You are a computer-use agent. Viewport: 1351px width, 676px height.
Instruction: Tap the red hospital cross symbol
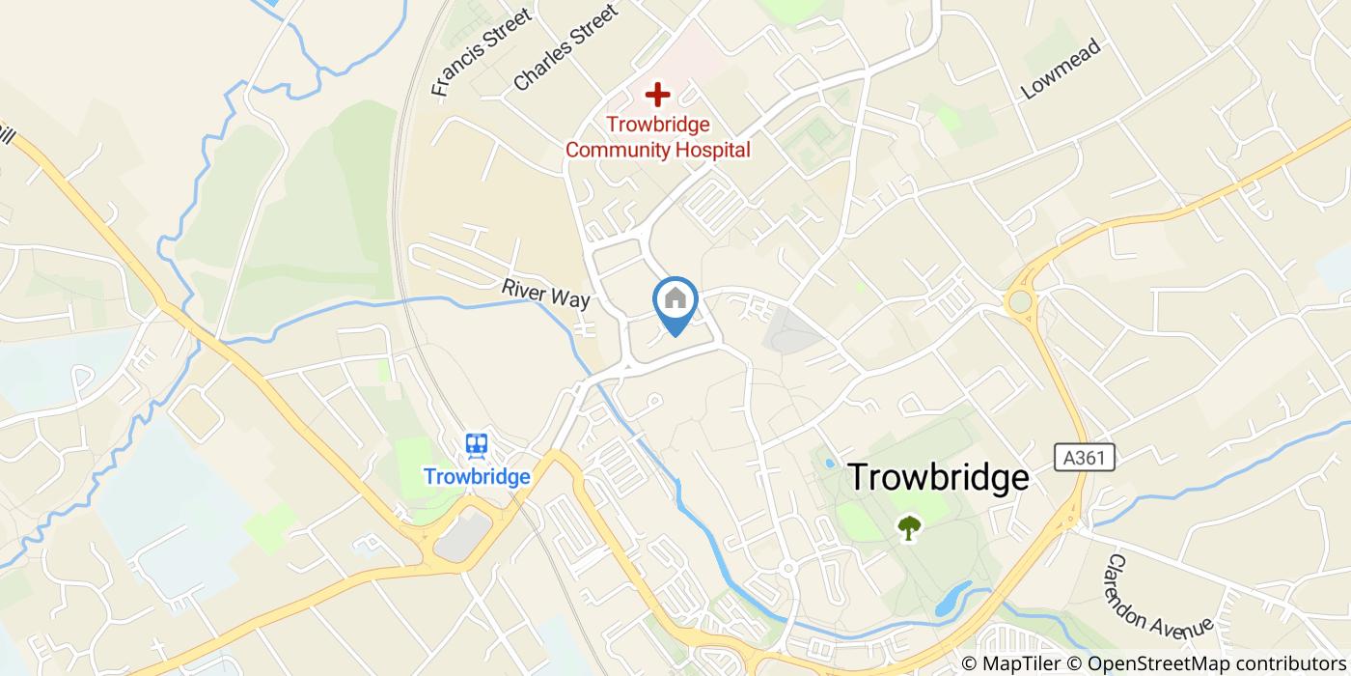coord(657,95)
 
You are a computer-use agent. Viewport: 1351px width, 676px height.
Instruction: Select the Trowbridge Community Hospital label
coord(657,137)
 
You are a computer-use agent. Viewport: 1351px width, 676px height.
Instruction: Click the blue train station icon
coord(477,445)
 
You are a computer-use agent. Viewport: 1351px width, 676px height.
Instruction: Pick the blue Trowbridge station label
coord(477,477)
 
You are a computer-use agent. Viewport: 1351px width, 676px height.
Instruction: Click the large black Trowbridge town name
coord(938,478)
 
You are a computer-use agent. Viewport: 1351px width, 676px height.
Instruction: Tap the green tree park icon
coord(908,527)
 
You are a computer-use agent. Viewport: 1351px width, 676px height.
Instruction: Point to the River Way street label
coord(545,294)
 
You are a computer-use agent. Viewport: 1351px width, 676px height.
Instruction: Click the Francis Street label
coord(482,53)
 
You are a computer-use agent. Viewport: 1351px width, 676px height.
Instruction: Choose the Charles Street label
coord(565,47)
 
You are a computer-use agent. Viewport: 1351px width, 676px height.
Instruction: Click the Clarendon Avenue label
coord(1158,595)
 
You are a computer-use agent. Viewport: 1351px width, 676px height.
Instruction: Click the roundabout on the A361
coord(1019,302)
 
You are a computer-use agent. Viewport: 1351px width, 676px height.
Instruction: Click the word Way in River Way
coord(571,299)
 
